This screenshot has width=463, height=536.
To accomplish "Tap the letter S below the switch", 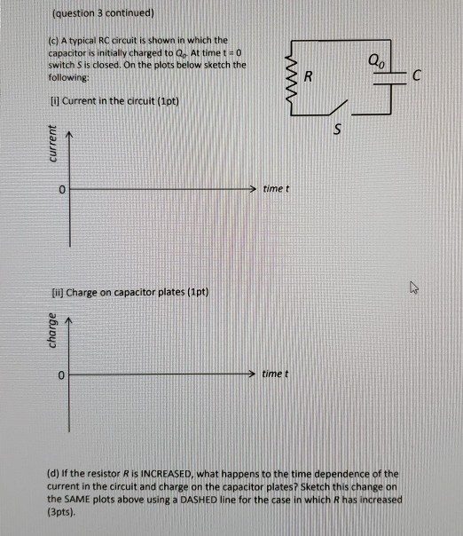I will pyautogui.click(x=336, y=132).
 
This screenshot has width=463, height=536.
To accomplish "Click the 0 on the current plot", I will pyautogui.click(x=62, y=190).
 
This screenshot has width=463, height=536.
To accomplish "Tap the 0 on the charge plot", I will pyautogui.click(x=62, y=376).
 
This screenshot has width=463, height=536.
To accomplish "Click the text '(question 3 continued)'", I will pyautogui.click(x=104, y=13).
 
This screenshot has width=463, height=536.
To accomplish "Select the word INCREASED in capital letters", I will pyautogui.click(x=192, y=476).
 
